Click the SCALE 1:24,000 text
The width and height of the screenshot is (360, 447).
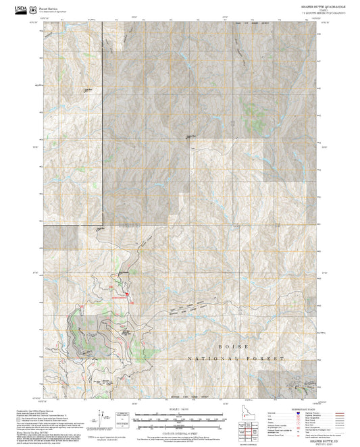(x=179, y=409)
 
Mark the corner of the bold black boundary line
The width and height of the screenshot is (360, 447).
(x=102, y=223)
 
